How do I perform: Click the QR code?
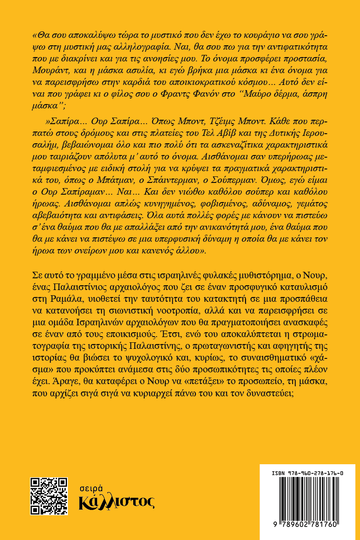coord(49,496)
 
